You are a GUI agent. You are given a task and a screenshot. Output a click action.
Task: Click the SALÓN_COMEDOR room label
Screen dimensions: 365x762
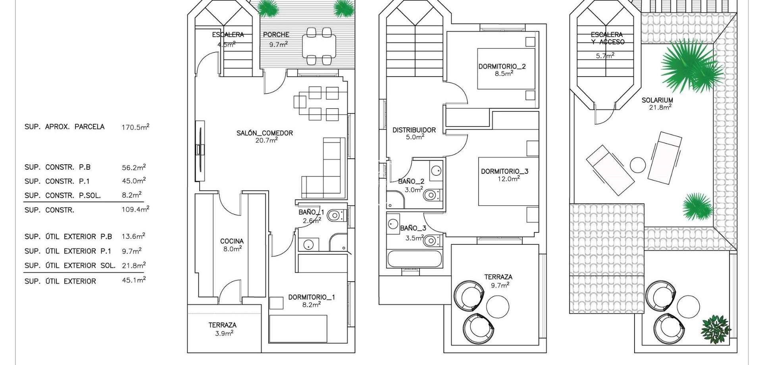coord(264,133)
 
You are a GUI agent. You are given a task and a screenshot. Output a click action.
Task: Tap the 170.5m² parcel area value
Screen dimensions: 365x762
coord(135,127)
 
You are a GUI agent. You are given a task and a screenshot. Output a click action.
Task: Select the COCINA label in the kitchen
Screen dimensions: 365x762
coord(232,241)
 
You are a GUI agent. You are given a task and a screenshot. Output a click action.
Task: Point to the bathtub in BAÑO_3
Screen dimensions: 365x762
coord(414,259)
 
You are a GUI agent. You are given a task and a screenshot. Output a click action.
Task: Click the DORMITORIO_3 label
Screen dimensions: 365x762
coord(504,171)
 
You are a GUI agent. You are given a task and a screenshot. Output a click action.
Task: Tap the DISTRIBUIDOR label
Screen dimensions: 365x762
coord(414,130)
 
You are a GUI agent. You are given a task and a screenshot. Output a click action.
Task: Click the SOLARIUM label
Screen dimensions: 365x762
coord(657,100)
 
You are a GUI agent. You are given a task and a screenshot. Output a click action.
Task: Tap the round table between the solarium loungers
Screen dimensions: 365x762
coord(638,165)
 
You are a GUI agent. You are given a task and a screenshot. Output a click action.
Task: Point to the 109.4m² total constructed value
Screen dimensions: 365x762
coord(135,209)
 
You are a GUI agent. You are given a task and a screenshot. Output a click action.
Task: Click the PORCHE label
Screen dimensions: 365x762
coord(276,35)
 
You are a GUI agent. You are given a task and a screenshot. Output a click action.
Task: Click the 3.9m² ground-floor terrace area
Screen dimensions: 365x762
coord(224,334)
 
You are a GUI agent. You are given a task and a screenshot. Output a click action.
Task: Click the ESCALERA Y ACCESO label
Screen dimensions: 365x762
coord(607,38)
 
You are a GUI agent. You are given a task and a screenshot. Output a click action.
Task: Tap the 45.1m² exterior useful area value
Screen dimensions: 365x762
coord(133,281)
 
